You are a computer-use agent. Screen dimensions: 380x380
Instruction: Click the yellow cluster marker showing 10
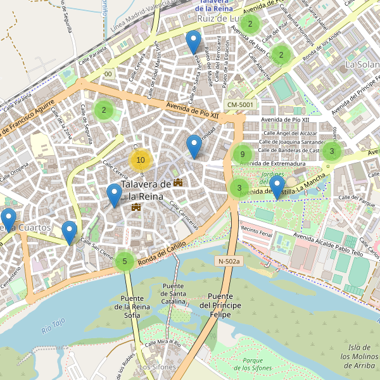141,160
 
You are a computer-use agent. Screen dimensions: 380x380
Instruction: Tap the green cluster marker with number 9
241,154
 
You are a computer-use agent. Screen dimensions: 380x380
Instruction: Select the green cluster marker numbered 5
125,260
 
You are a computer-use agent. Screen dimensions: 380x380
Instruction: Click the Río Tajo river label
53,326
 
